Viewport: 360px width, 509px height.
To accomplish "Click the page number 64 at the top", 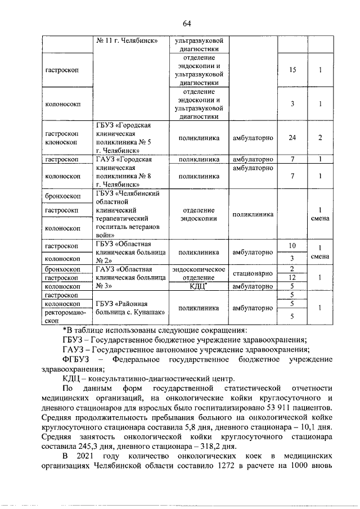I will (187, 23).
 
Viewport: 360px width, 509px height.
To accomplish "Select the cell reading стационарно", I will (253, 273).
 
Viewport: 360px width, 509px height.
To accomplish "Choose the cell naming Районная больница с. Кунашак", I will (130, 308).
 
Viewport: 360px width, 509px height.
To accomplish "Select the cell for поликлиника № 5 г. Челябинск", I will (130, 138).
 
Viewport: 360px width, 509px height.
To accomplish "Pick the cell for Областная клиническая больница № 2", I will (130, 252).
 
